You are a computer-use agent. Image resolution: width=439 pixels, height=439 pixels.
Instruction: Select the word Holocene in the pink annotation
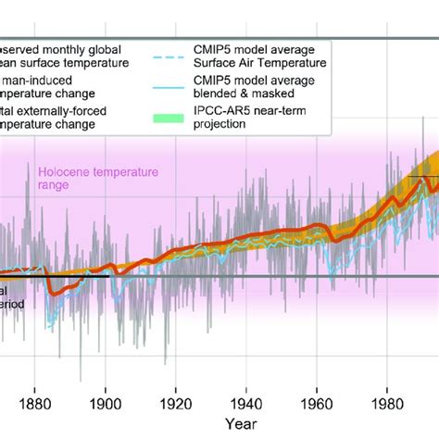click(x=64, y=171)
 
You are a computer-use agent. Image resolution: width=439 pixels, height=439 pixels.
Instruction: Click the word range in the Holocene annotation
click(x=54, y=185)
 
